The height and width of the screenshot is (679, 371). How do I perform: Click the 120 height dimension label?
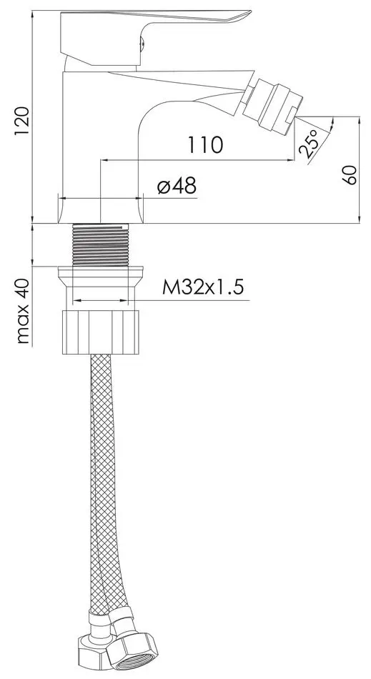[21, 116]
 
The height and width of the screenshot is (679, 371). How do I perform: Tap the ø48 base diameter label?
[176, 187]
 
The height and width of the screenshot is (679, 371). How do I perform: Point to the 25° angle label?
[309, 145]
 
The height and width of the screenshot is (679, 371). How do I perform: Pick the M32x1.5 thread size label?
[203, 287]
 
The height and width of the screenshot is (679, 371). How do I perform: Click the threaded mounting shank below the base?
[101, 245]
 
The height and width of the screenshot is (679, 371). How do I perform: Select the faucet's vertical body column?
[100, 143]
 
